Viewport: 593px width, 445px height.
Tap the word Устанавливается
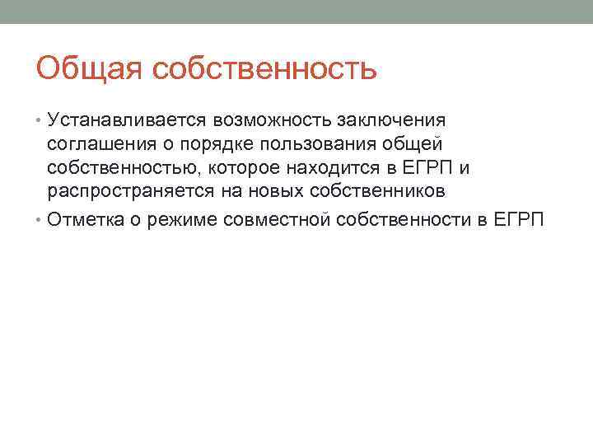click(x=128, y=122)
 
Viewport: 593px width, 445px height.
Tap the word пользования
click(x=318, y=146)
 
